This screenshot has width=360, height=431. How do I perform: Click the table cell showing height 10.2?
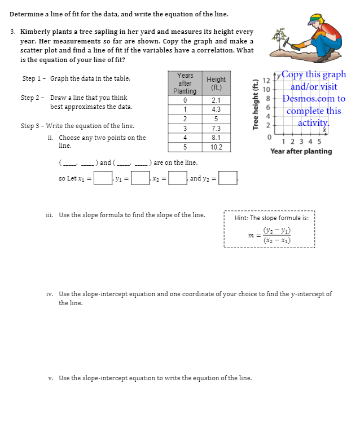pos(216,147)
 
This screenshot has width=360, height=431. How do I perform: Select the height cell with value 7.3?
pos(216,128)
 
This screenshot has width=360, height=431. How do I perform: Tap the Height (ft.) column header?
pos(216,83)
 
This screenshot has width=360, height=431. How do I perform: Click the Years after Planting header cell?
pos(185,83)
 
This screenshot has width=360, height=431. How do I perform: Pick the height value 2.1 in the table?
pos(216,100)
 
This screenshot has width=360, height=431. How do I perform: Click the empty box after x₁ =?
pos(102,179)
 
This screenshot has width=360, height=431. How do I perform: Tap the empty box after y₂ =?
pos(228,179)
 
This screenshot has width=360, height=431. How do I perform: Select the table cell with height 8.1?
pos(216,138)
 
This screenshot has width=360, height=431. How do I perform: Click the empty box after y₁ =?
pos(140,179)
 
